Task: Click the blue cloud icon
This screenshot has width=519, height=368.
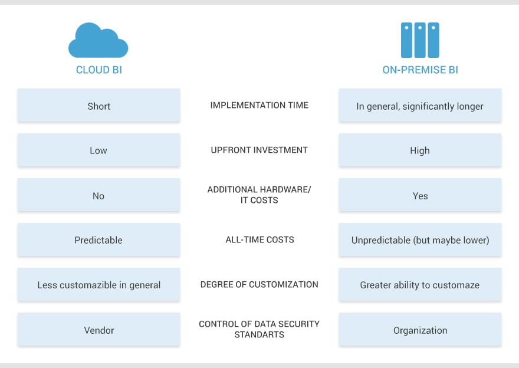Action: coord(98,40)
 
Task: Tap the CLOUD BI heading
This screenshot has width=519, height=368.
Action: coord(99,70)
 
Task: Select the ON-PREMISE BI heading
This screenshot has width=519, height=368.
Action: coord(420,70)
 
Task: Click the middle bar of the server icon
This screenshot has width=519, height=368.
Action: coord(420,40)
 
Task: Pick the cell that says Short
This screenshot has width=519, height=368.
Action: coord(98,105)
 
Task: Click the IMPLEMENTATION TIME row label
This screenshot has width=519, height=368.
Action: coord(259,105)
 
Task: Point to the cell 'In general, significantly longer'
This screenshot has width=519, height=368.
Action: coord(420,105)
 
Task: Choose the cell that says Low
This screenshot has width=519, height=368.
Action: coord(98,150)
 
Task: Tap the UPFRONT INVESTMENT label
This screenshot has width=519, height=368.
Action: coord(259,150)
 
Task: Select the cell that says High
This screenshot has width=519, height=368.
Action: coord(420,150)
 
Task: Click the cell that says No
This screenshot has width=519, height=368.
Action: coord(98,195)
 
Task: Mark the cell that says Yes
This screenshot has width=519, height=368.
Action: coord(420,195)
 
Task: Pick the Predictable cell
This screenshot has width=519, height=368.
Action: coord(98,239)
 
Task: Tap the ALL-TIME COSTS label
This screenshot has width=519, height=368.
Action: coord(260,239)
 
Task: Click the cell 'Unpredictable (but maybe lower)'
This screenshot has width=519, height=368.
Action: coord(420,239)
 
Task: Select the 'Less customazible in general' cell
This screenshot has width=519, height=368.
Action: coord(98,285)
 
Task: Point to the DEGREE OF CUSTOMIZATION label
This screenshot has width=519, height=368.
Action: coord(259,285)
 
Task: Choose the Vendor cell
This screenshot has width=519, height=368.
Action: coord(98,329)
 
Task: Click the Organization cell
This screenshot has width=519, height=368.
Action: coord(420,329)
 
